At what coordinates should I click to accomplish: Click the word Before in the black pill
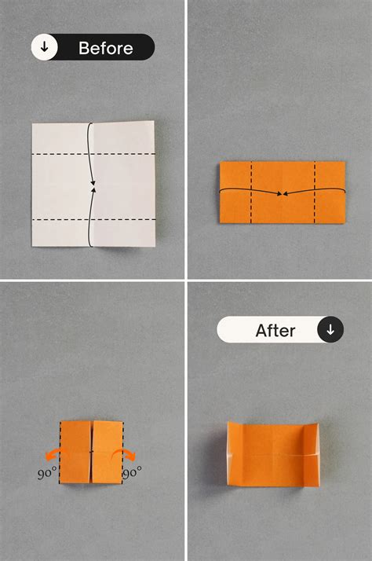[x=105, y=48]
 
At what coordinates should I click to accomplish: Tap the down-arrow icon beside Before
[x=45, y=48]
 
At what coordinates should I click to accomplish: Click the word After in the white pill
[x=275, y=330]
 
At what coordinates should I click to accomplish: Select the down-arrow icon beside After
[x=330, y=330]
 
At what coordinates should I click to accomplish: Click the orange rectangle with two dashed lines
[x=283, y=192]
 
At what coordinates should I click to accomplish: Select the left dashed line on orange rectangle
[x=252, y=192]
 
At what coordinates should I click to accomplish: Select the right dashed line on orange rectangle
[x=315, y=192]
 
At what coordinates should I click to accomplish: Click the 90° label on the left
[x=46, y=474]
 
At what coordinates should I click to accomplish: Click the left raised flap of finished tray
[x=233, y=454]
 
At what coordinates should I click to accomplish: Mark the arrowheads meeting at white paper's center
[x=93, y=187]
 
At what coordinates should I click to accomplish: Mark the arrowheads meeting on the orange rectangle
[x=283, y=192]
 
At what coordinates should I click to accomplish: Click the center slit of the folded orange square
[x=93, y=452]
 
